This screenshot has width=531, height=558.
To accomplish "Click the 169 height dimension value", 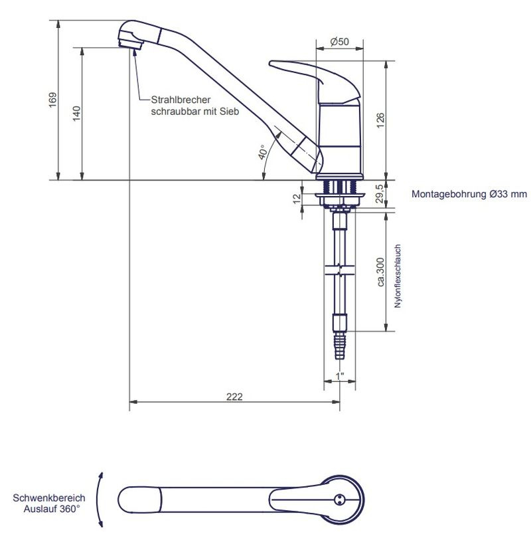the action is pos(52,100).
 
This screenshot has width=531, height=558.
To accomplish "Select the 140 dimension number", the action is pos(76,114).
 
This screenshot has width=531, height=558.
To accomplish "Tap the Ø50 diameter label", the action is pos(339,42).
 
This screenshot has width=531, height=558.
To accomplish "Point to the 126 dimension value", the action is pos(380,120).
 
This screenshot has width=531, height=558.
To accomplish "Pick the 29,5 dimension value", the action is pos(380,193).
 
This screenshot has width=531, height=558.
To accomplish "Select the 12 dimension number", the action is pos(297,199).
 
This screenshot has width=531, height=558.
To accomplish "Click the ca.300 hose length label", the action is pos(380,272).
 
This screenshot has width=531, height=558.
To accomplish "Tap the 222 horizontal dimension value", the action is pos(234,397).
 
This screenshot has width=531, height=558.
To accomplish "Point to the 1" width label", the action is pos(340,376).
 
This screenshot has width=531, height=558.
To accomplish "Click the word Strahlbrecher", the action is pos(181,100).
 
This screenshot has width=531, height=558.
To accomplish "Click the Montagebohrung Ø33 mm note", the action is pos(469,194).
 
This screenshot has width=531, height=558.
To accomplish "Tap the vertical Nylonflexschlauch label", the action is pos(398,276).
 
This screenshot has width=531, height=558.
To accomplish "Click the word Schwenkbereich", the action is pos(49,498).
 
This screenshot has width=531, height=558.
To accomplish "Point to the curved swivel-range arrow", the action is pos(100,500).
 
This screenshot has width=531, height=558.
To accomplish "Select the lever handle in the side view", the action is pos(315,82).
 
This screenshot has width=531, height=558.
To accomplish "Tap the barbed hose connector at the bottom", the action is pos(340,346).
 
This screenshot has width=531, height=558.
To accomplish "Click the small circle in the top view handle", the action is pos(339,500).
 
